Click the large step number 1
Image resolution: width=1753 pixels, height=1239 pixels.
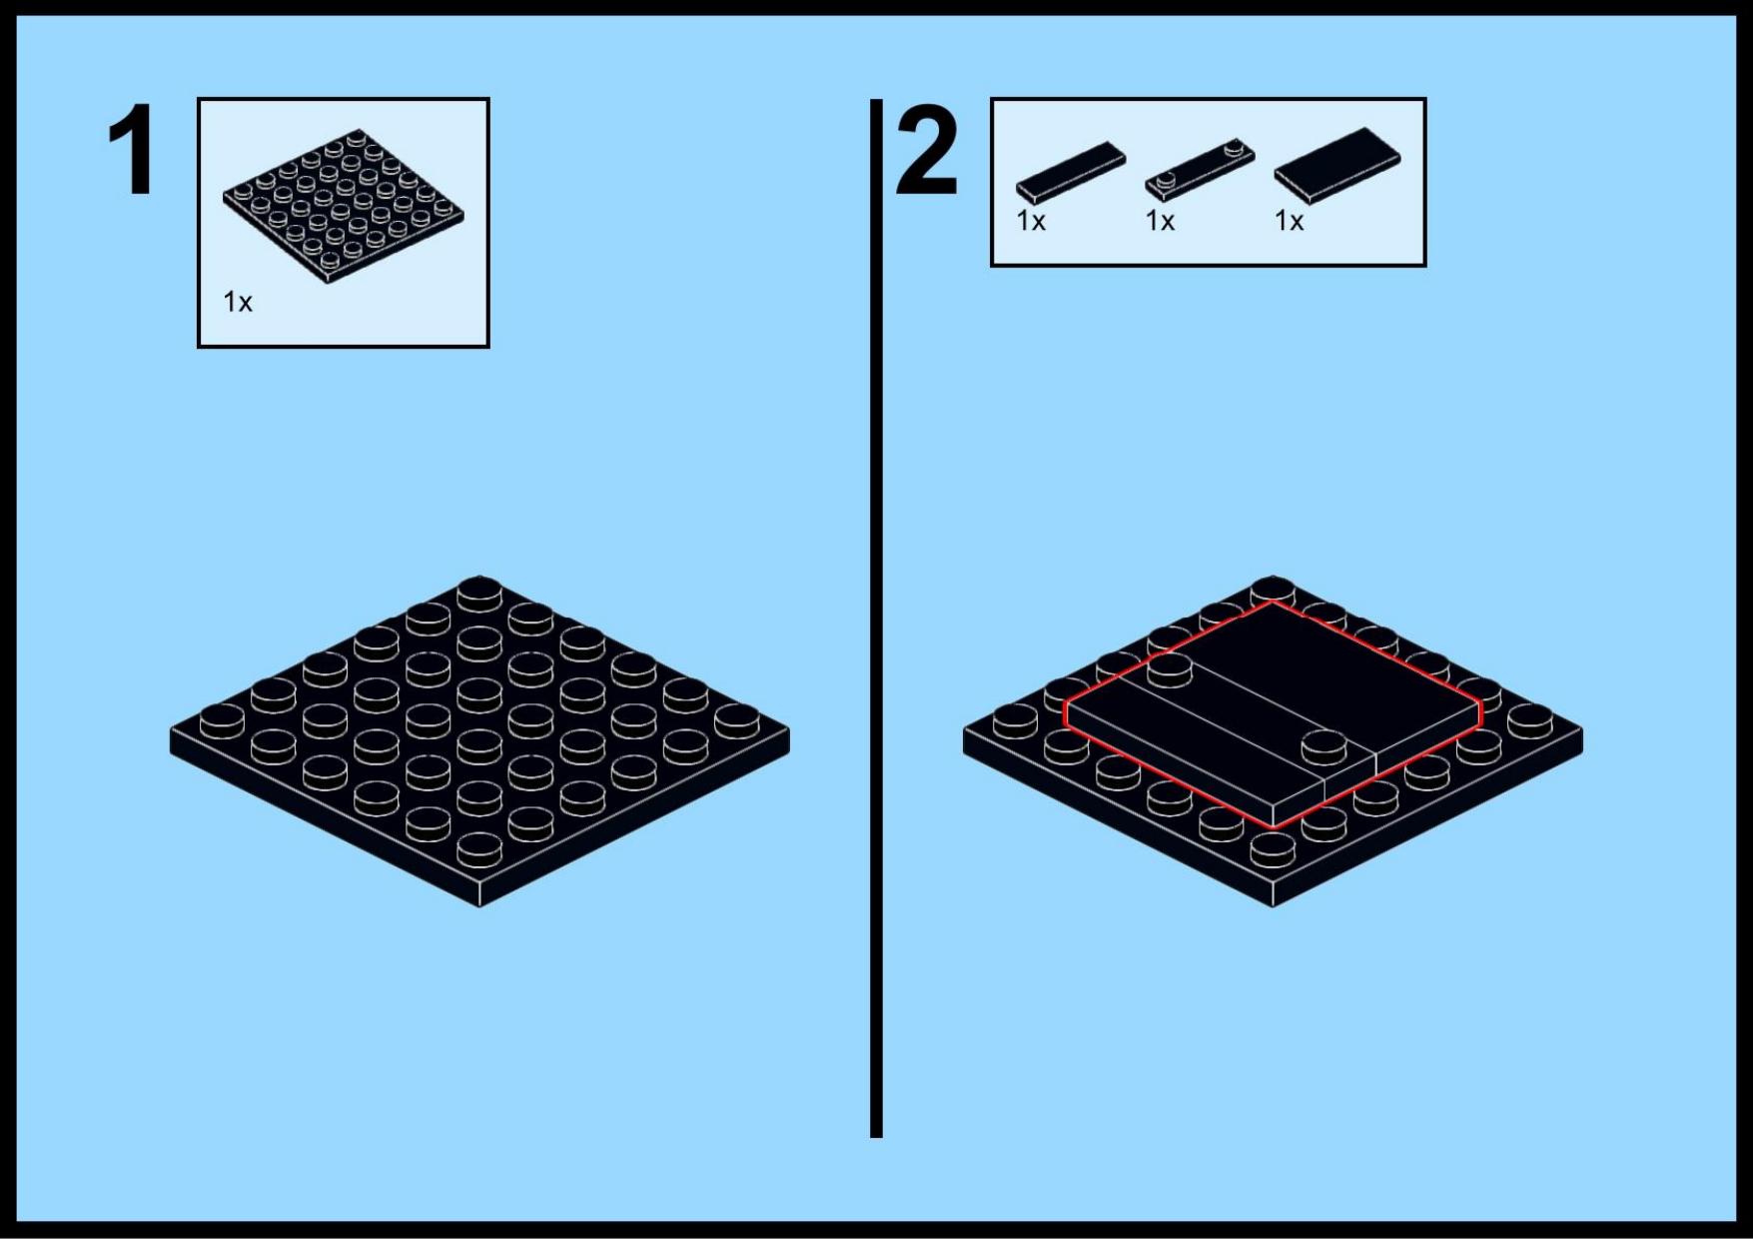point(132,150)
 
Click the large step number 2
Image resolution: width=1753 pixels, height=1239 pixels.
point(927,150)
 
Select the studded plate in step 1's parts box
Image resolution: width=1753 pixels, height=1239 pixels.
point(343,205)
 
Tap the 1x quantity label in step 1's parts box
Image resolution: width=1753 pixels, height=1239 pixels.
point(238,302)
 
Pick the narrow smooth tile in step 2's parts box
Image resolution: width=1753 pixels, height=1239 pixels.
point(1071,173)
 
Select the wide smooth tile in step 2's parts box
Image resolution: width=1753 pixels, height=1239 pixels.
point(1337,166)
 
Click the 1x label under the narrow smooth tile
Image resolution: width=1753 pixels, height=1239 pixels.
point(1031,221)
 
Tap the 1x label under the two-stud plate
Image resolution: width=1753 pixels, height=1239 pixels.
point(1160,221)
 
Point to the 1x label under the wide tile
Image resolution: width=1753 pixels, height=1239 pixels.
point(1290,221)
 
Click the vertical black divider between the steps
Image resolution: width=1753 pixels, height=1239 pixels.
point(876,618)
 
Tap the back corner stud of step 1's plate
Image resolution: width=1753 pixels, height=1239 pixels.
point(479,593)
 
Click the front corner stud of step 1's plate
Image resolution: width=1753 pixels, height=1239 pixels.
point(479,849)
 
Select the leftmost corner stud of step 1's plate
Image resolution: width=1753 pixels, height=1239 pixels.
point(223,720)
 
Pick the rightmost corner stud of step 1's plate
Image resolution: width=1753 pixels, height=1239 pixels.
point(736,720)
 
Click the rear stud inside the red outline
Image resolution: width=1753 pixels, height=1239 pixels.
point(1170,669)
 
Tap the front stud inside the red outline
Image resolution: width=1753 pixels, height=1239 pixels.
point(1323,746)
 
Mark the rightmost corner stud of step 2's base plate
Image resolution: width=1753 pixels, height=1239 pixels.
point(1529,720)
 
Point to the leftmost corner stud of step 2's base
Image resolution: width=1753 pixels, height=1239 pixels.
point(1016,720)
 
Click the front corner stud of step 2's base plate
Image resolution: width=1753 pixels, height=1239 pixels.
point(1273,849)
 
